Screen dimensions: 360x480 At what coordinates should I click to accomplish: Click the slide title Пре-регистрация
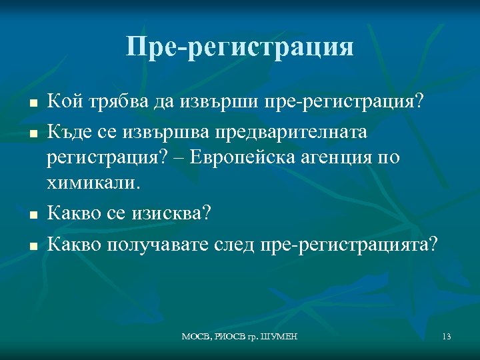[239, 46]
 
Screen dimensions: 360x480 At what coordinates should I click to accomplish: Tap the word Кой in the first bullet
[63, 103]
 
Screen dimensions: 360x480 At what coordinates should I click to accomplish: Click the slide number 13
[447, 337]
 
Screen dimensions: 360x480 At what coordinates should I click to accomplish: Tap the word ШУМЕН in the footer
[281, 337]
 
